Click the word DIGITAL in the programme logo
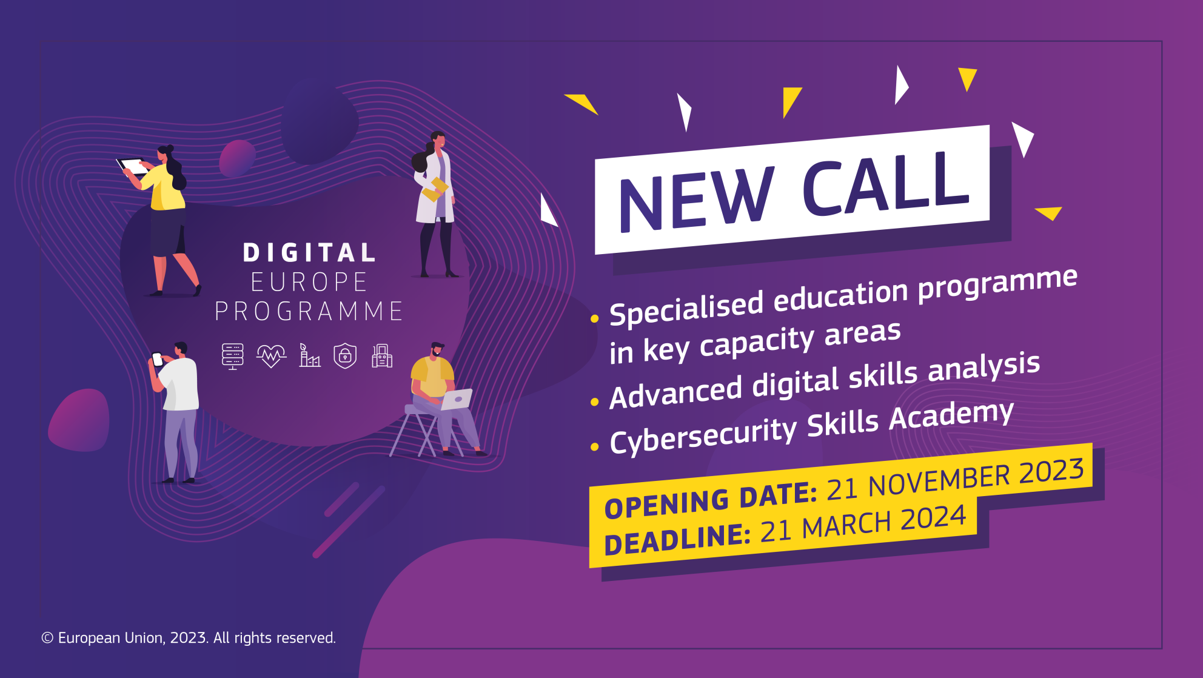[309, 253]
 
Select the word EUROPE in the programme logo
[309, 282]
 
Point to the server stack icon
[232, 356]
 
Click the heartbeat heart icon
[271, 356]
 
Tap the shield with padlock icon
[345, 356]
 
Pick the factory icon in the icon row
[309, 355]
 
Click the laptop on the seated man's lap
[457, 399]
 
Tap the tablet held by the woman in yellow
[133, 166]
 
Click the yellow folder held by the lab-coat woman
[435, 189]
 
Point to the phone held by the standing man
[157, 359]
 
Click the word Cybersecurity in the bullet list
[703, 435]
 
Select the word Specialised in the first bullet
[686, 308]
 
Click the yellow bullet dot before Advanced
[594, 402]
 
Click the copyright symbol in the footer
[47, 638]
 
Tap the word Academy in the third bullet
[951, 417]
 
